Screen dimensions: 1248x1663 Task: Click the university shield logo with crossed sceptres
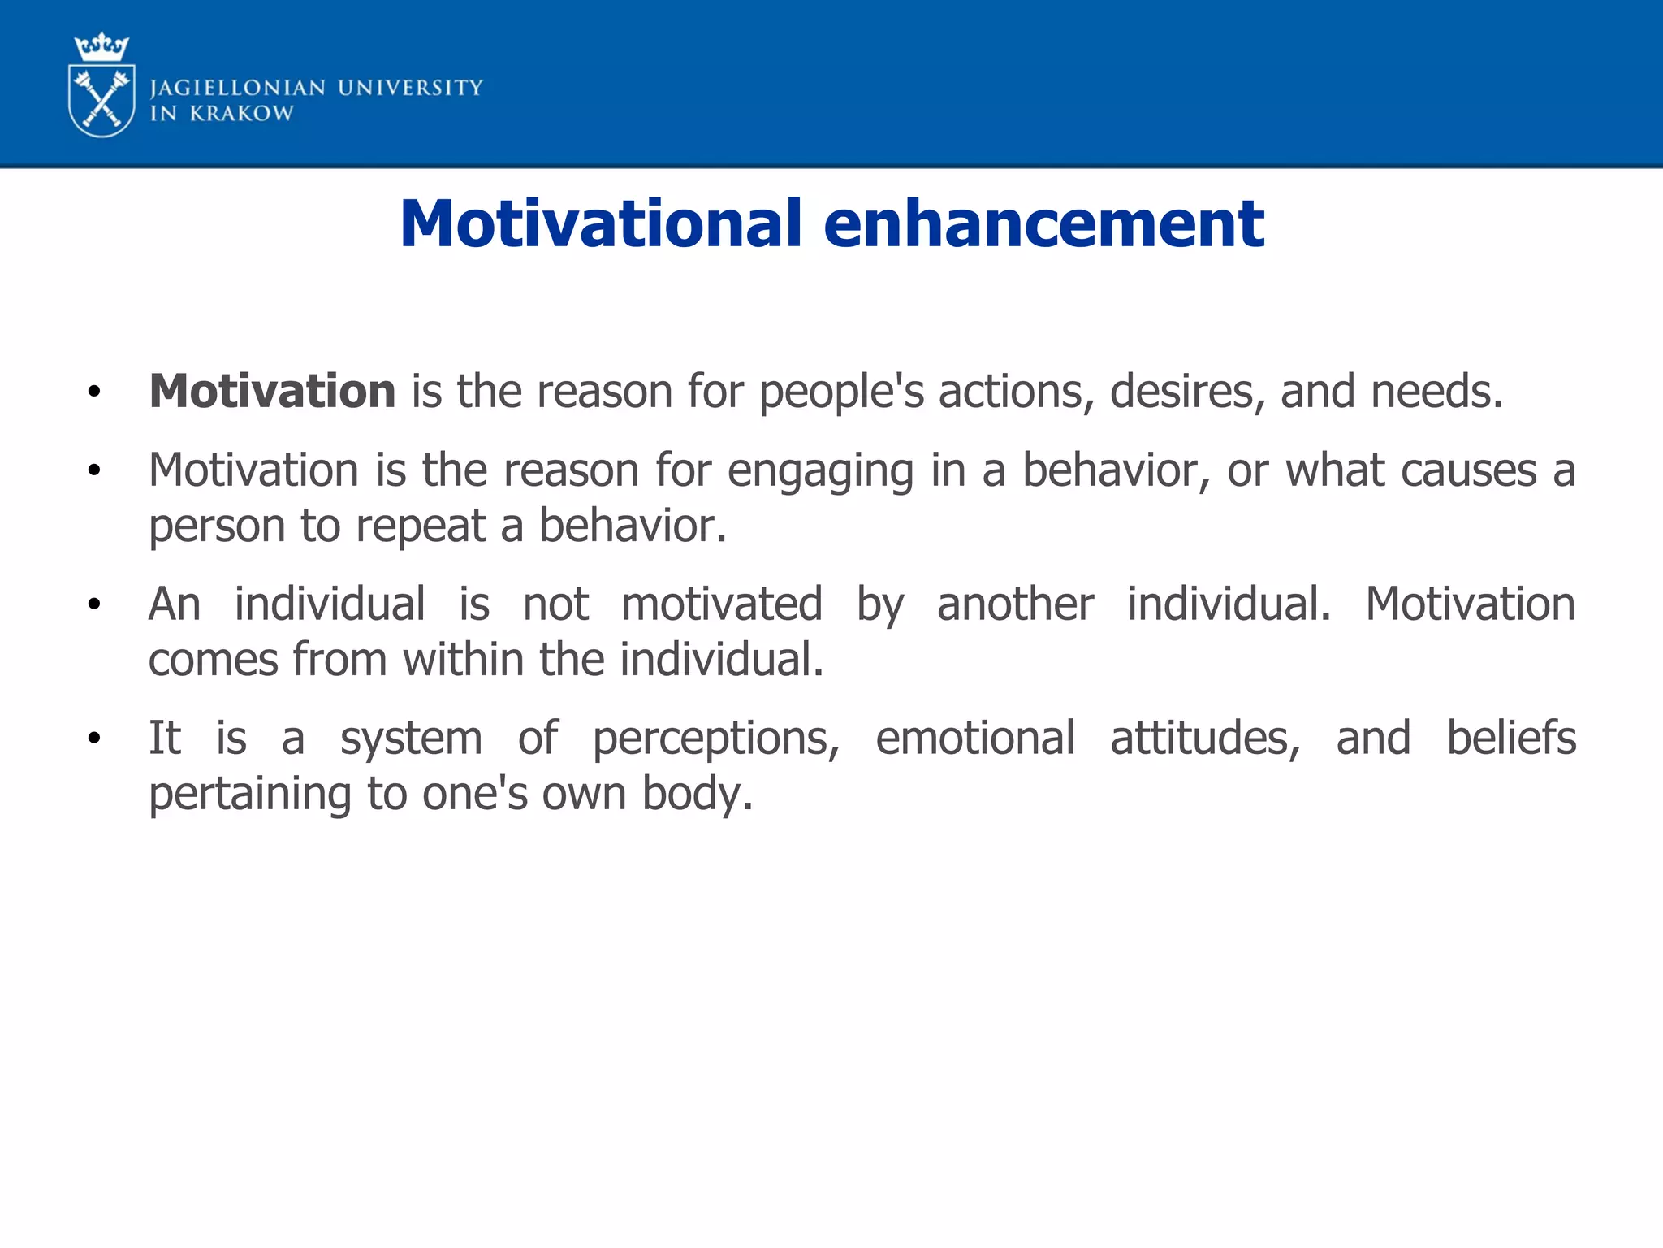coord(102,102)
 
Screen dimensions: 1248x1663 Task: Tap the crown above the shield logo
coord(102,47)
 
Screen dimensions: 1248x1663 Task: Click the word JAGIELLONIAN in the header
coord(238,88)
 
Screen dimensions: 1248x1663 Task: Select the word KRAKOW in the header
coord(241,114)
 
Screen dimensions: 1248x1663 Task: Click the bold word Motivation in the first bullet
coord(272,392)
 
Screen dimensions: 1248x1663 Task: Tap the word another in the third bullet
coord(1015,604)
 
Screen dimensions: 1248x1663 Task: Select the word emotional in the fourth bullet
coord(974,739)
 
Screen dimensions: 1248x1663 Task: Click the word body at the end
coord(697,795)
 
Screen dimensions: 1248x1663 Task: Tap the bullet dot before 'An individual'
coord(94,604)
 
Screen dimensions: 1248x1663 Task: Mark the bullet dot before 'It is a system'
coord(94,739)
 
